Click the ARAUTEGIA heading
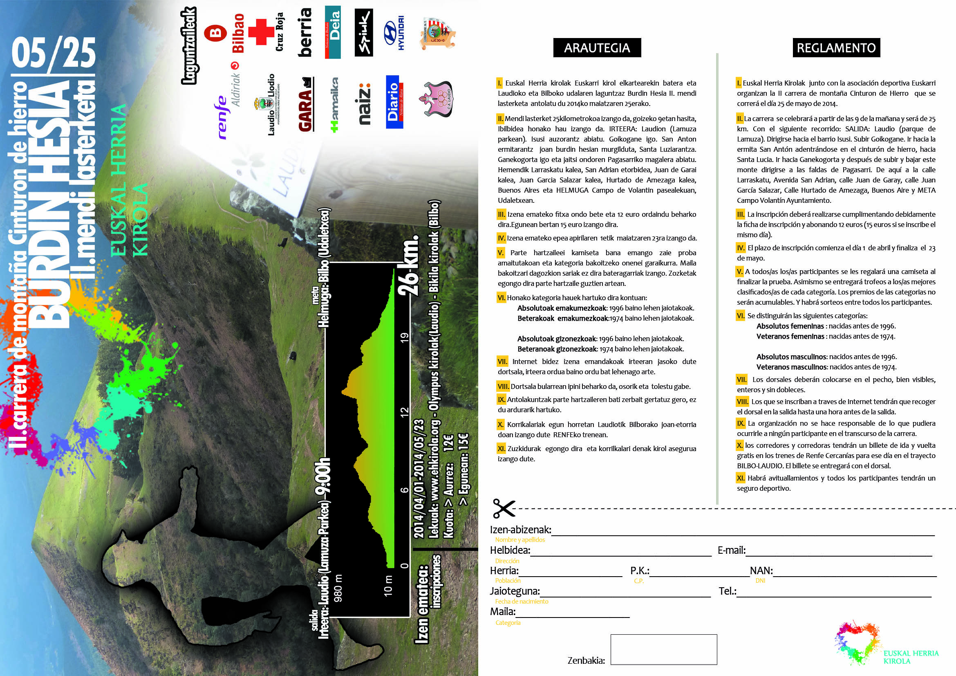click(597, 48)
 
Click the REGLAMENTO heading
click(836, 48)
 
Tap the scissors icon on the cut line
click(504, 508)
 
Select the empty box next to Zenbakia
click(663, 649)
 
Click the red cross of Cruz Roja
click(261, 32)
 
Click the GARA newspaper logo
click(306, 106)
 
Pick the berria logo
click(305, 32)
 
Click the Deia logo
click(333, 32)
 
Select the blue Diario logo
click(394, 102)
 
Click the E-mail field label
click(731, 550)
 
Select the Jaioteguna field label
click(515, 591)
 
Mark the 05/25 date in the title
click(54, 52)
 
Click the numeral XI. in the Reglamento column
click(740, 478)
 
